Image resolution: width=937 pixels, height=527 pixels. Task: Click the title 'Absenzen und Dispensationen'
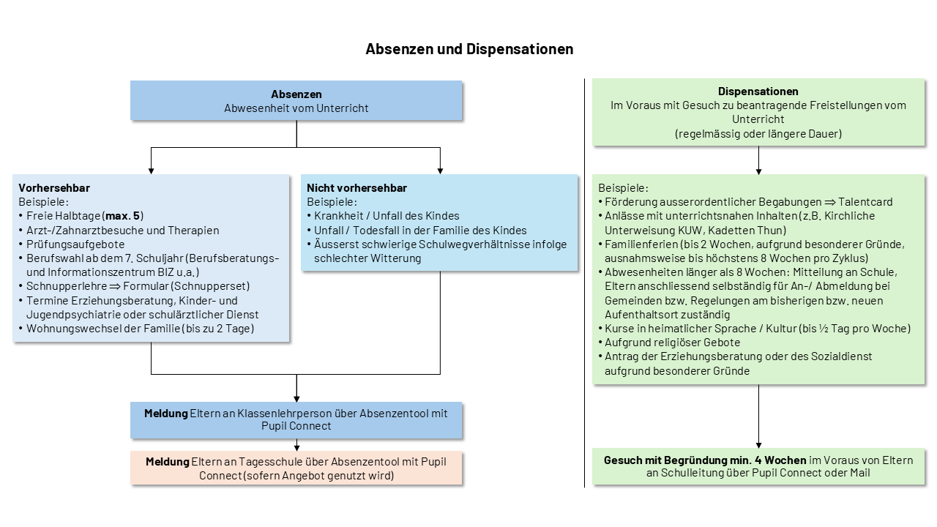pos(469,49)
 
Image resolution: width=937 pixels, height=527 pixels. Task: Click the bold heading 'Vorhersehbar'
pos(54,188)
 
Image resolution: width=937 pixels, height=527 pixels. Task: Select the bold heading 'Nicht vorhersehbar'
pos(356,188)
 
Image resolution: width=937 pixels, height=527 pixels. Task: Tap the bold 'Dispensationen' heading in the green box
pos(758,91)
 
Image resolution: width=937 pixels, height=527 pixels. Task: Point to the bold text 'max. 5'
pos(122,216)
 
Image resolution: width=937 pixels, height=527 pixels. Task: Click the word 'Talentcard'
pos(865,202)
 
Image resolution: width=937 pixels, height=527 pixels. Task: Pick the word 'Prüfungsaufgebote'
pos(75,244)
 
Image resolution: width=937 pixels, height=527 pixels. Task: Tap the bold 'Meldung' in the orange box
pos(168,462)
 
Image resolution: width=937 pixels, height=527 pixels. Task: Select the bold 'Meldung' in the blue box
pos(166,414)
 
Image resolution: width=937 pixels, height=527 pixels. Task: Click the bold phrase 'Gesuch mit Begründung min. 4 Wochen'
pos(705,460)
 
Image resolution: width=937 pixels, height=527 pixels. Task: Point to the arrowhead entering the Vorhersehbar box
pos(151,171)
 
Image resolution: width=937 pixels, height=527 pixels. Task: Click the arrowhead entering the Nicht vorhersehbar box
pos(440,171)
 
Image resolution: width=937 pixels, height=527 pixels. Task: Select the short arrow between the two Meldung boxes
pos(296,444)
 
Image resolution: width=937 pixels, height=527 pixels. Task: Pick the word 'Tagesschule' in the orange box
pos(270,462)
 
